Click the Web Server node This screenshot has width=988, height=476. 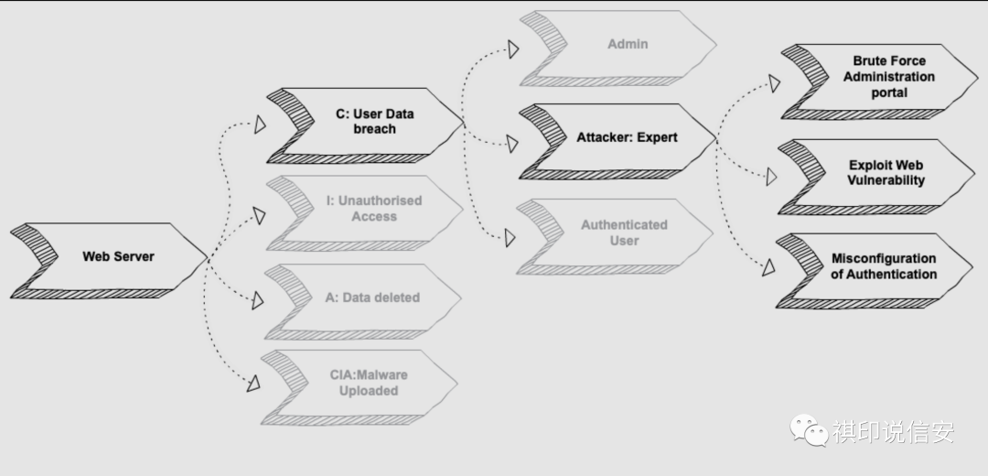118,256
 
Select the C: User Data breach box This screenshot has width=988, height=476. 374,122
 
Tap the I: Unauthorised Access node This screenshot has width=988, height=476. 374,209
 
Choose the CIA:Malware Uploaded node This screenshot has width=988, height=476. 369,383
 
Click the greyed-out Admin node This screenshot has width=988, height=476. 628,44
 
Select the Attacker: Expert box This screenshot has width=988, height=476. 627,137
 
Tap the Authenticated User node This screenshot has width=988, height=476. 624,233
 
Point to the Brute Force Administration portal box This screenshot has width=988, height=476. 888,78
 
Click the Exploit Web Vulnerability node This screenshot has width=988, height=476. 886,172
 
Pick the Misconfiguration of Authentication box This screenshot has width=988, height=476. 883,266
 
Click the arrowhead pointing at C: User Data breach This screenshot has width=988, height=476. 260,124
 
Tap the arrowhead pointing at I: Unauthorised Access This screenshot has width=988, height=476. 260,216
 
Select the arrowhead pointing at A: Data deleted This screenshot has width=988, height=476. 259,298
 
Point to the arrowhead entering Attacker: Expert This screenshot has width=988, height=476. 513,142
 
